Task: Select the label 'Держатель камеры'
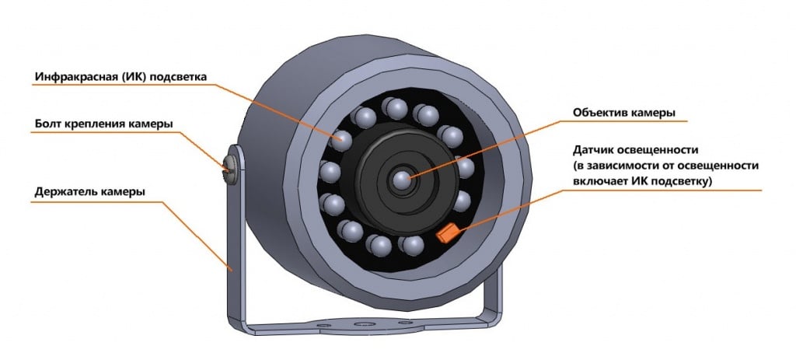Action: (91, 191)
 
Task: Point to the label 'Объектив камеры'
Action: (623, 112)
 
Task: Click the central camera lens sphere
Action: (402, 181)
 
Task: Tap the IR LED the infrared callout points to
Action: (340, 140)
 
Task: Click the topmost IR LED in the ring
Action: (396, 106)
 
